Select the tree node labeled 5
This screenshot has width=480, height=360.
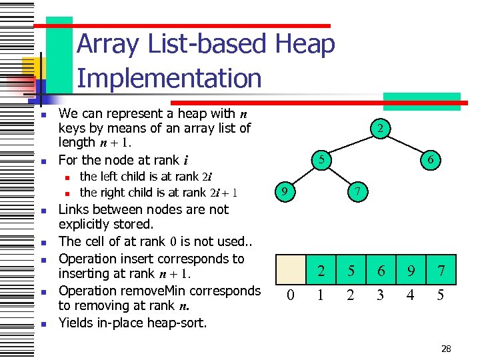click(322, 160)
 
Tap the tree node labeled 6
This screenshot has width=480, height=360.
click(431, 160)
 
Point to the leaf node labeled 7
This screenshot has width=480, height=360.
click(357, 192)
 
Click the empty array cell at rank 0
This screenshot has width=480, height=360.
click(291, 271)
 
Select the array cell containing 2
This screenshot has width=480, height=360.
click(321, 271)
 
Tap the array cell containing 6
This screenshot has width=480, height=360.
click(381, 271)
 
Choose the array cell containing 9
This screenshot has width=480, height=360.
click(411, 271)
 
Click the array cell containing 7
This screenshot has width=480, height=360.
click(441, 271)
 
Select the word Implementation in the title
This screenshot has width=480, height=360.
click(169, 78)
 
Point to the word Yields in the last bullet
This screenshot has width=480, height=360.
click(77, 323)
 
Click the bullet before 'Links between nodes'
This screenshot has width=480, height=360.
click(42, 211)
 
